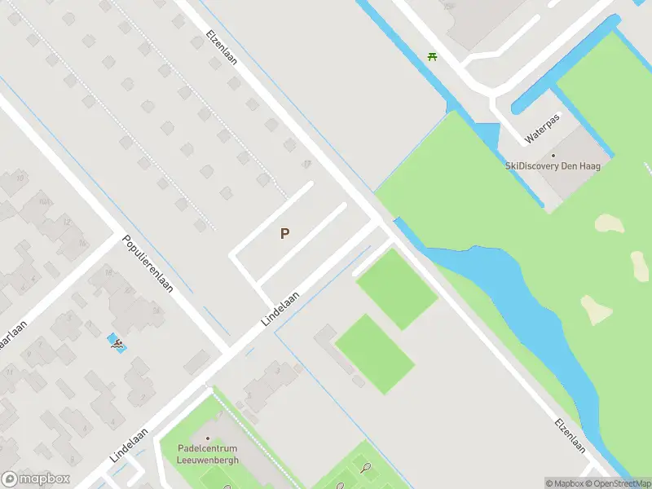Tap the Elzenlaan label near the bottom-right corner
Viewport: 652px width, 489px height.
tap(570, 436)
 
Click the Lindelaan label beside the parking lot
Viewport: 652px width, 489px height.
tap(280, 310)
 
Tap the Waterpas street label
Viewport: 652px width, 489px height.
tap(544, 128)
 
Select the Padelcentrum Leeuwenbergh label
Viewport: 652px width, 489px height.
tap(209, 454)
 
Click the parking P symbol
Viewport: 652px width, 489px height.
tap(284, 233)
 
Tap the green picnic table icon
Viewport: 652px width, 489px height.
tap(432, 56)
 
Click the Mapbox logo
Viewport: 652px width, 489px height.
tap(36, 479)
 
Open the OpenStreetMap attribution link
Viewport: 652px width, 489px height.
tap(622, 483)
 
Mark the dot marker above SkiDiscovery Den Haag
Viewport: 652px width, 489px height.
tap(553, 155)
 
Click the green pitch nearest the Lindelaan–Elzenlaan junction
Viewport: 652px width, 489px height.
tap(397, 289)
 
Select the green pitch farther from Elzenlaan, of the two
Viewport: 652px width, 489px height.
tap(375, 354)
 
